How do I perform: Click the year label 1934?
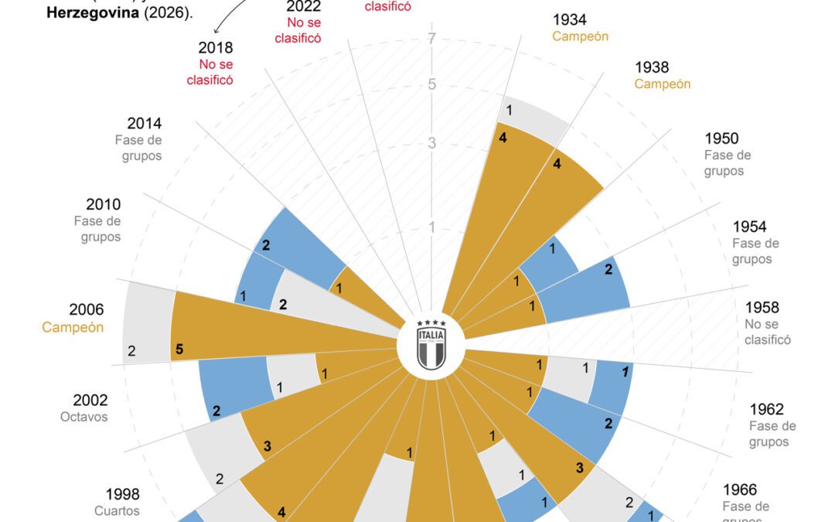[570, 20]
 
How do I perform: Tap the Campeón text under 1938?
[663, 84]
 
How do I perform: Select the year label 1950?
[721, 139]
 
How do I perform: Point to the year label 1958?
[762, 308]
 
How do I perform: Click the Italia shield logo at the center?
[431, 345]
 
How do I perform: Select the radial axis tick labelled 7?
[432, 39]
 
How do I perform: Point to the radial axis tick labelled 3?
[432, 143]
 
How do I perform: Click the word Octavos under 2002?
[83, 417]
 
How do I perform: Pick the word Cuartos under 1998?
[117, 511]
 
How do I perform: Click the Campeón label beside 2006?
[73, 327]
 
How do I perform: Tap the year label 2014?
[145, 123]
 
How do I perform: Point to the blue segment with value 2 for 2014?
[294, 247]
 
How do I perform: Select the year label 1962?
[766, 409]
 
